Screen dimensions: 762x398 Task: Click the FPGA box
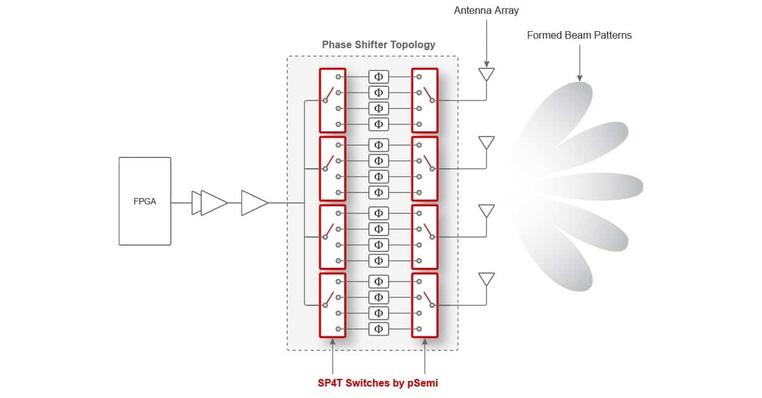click(x=145, y=201)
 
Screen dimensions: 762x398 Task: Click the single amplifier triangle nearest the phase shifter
click(x=255, y=202)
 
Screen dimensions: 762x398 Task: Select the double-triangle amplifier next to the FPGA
click(x=209, y=202)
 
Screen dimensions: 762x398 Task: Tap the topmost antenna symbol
click(x=486, y=74)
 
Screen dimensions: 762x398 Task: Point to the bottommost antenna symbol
click(x=486, y=279)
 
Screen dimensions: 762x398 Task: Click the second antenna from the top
click(x=486, y=143)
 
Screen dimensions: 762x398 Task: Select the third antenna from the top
click(x=486, y=211)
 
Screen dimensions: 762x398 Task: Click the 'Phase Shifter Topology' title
click(x=378, y=44)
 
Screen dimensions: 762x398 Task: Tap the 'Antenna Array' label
click(x=486, y=11)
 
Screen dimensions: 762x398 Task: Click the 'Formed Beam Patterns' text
click(x=579, y=35)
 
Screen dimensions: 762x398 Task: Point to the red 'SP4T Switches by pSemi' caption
click(x=378, y=383)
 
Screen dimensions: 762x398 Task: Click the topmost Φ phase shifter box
click(x=378, y=77)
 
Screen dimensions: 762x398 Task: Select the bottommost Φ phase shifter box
click(x=378, y=329)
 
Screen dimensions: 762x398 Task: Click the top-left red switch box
click(x=333, y=100)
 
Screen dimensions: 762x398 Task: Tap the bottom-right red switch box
click(x=425, y=305)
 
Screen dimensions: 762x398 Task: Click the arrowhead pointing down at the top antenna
click(x=486, y=64)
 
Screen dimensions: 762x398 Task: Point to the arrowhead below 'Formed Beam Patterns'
click(x=580, y=78)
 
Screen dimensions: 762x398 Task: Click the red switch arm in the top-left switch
click(x=330, y=93)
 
